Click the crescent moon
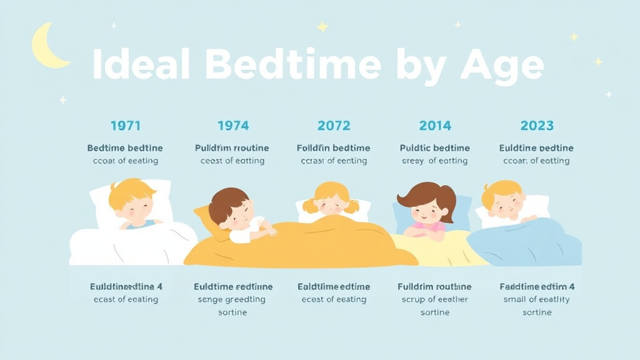coord(46,47)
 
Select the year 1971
coord(126,126)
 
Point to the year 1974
coord(232,126)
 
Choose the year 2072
coord(334,126)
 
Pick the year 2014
coord(435,126)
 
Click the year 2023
coord(537,126)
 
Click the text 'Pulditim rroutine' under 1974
coord(232,148)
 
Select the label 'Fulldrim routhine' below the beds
coord(434,287)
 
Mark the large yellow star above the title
coord(322,27)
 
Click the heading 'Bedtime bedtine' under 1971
coord(125,148)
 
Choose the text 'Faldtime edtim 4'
coord(537,287)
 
